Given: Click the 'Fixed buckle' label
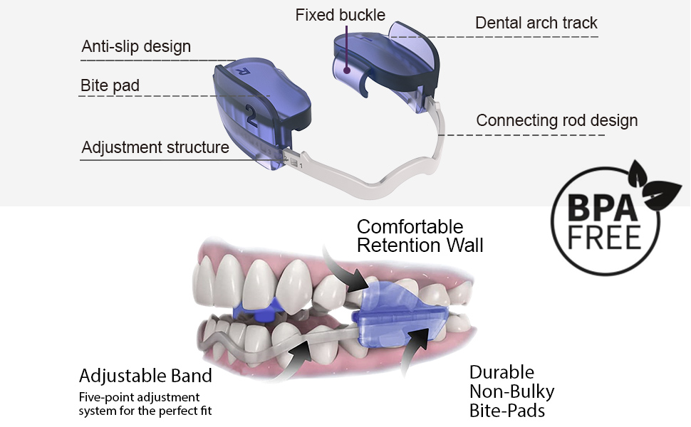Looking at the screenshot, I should coord(340,15).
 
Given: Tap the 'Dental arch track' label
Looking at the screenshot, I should coord(536,23).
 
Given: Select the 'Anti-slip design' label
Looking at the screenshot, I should coord(136,47).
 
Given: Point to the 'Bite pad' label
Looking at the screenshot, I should coord(110,86).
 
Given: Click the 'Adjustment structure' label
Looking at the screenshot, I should coord(155,147).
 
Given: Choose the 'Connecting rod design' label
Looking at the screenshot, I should coord(556,120).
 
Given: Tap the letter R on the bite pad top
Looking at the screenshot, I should coord(242,71).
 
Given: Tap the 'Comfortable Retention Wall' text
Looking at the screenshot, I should coord(420,236).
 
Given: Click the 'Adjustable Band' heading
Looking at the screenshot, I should coord(145,376).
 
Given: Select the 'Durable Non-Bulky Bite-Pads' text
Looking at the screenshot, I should coord(511,391).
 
